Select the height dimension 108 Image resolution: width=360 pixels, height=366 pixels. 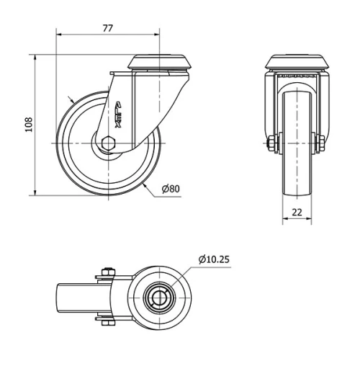click(28, 124)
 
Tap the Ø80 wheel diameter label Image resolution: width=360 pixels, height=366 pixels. click(171, 189)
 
